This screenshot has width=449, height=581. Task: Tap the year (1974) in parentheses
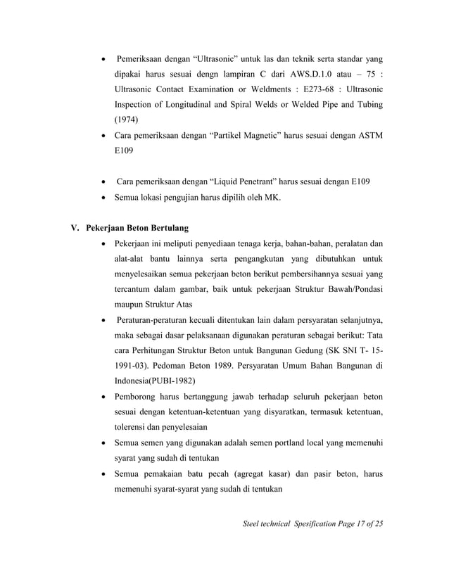point(127,120)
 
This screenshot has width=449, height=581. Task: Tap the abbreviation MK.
point(272,198)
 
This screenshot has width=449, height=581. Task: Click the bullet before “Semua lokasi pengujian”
point(105,198)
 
